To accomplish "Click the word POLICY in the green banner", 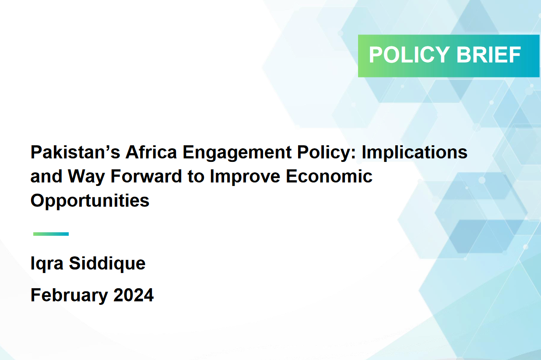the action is pyautogui.click(x=409, y=55).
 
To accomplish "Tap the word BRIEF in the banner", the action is pyautogui.click(x=488, y=55).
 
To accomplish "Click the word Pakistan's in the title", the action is pyautogui.click(x=75, y=152).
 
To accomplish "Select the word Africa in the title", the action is pyautogui.click(x=151, y=152).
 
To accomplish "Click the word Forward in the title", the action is pyautogui.click(x=146, y=176).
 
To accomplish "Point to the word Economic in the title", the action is pyautogui.click(x=329, y=176).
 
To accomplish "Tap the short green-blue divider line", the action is pyautogui.click(x=51, y=234).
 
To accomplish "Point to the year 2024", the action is pyautogui.click(x=133, y=295).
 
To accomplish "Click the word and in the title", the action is pyautogui.click(x=46, y=176).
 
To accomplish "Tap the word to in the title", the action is pyautogui.click(x=196, y=177).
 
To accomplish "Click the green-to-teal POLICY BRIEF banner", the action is pyautogui.click(x=449, y=56).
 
